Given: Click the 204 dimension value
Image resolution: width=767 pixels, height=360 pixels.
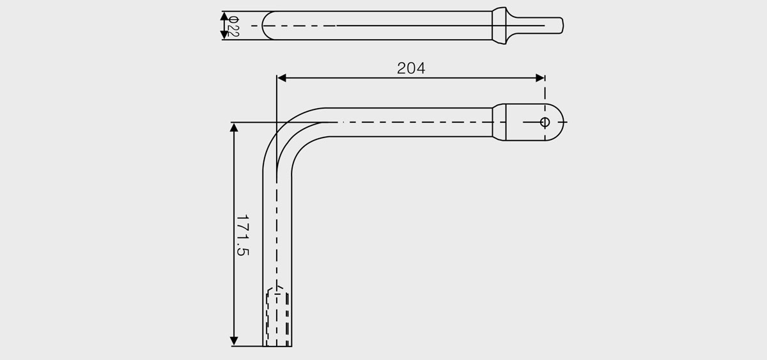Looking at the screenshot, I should (x=411, y=68).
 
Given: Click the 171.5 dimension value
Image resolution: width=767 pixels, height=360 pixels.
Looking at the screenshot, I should (x=242, y=235).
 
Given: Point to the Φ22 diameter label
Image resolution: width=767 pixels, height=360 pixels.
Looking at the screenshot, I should (x=233, y=26).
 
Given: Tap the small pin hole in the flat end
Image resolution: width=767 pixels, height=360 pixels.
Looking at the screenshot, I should (x=545, y=121).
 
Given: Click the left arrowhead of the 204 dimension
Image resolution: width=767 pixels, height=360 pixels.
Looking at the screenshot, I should (x=282, y=78).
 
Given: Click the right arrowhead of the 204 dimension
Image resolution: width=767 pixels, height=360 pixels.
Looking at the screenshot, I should (x=540, y=78).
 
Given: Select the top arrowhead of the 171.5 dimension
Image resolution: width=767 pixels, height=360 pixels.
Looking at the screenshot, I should (x=234, y=127).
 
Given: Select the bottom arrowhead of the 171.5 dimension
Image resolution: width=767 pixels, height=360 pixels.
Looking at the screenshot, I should (x=234, y=341).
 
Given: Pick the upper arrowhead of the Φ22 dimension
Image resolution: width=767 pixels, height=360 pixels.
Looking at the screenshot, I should (x=224, y=15).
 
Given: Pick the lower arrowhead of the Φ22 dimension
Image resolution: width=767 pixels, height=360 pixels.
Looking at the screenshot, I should (x=224, y=35).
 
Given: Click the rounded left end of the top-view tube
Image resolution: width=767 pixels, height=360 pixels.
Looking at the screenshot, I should (x=267, y=26).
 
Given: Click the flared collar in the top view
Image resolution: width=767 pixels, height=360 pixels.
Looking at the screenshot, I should (x=500, y=26).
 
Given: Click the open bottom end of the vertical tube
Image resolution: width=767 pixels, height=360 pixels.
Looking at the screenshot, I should (x=277, y=345).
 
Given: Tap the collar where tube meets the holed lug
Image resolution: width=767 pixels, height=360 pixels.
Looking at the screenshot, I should (x=499, y=121).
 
